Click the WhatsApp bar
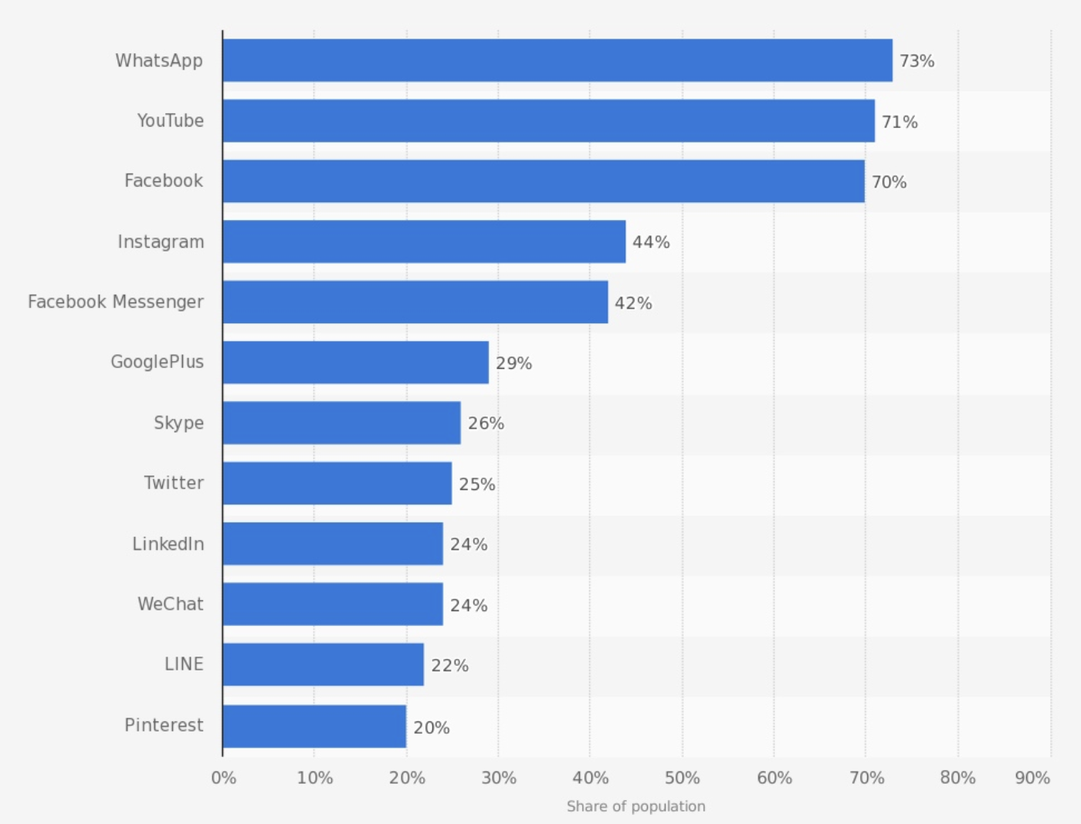coord(557,60)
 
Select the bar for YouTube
coord(548,120)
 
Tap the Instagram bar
coord(424,241)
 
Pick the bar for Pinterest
coord(314,726)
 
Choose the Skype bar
coord(341,423)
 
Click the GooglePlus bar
coord(355,363)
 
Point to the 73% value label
coord(917,61)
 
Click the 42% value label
coord(633,303)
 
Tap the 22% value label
coord(449,666)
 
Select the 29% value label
coord(513,363)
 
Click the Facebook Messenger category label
coord(116,302)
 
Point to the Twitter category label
coord(174,483)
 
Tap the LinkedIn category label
coord(168,544)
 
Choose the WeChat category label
coord(171,604)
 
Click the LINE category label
coord(184,664)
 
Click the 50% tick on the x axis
coord(682,778)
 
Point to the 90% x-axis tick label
coord(1032,778)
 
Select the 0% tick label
coord(224,778)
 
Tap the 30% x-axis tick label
coord(499,778)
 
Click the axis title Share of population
coord(635,806)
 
